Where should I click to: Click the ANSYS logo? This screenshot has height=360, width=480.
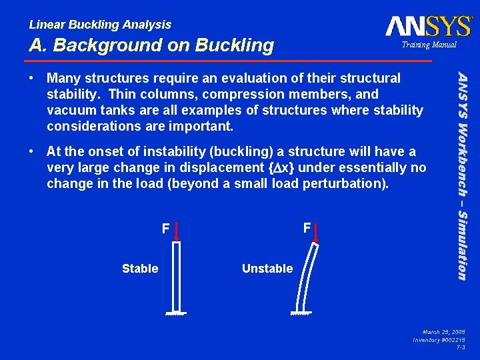click(427, 26)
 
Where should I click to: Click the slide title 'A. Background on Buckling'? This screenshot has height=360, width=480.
click(151, 45)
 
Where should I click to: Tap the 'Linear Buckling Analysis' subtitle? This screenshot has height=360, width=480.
click(100, 25)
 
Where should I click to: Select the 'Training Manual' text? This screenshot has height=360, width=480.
click(428, 45)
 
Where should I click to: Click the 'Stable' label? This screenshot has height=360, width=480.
click(140, 269)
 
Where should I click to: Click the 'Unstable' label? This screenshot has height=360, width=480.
click(267, 269)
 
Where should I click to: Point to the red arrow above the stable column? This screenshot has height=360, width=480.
click(177, 231)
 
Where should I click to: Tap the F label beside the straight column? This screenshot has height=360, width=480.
click(165, 229)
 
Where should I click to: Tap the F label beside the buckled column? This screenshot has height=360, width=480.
click(307, 228)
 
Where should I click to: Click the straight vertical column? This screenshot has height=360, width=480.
click(177, 277)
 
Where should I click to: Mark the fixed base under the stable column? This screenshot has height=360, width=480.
click(177, 314)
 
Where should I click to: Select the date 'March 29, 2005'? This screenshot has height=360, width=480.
click(443, 331)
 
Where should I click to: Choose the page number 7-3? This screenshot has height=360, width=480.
click(460, 347)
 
